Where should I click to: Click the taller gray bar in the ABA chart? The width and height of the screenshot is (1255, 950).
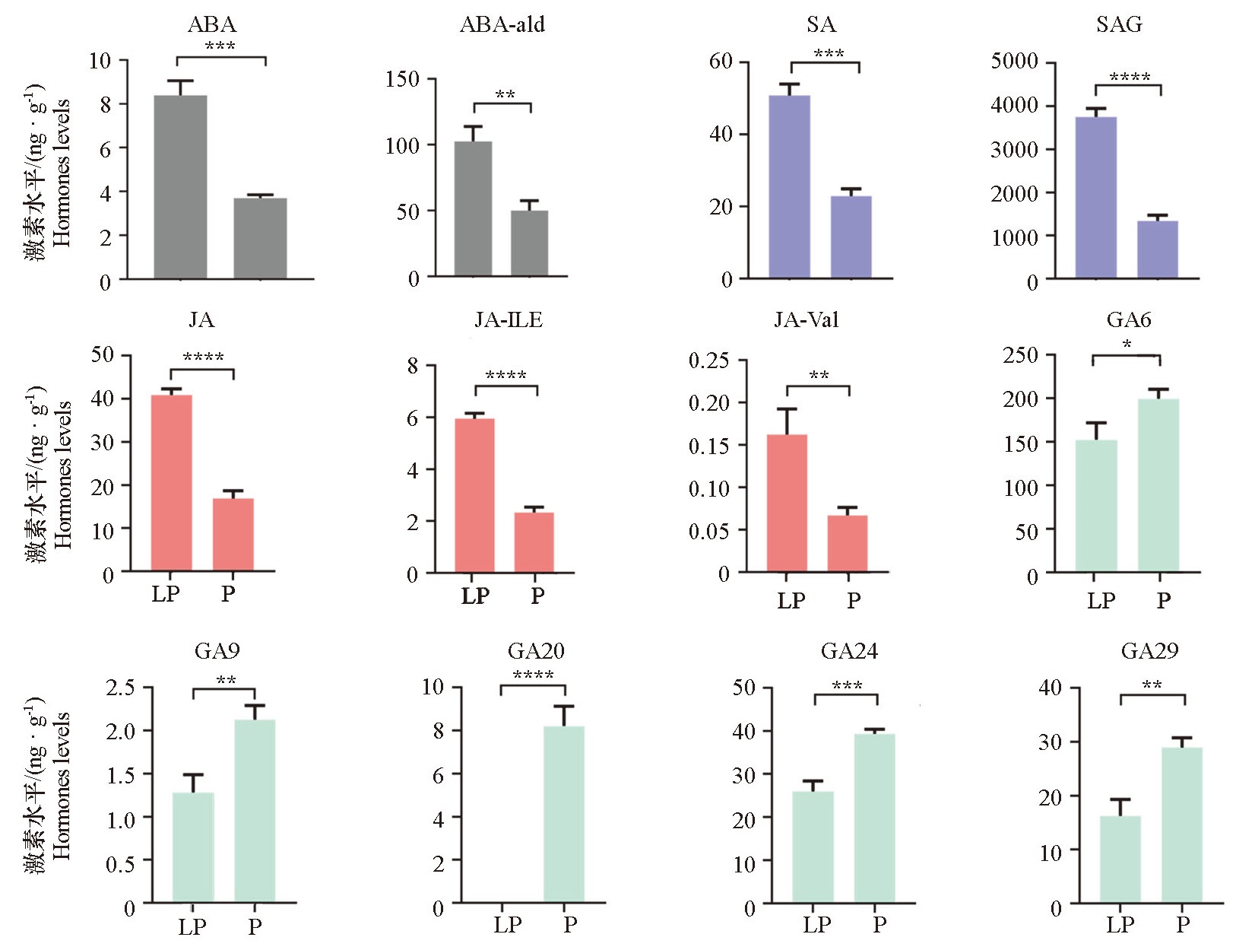pos(180,186)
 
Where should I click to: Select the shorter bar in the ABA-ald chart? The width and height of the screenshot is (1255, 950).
pos(529,243)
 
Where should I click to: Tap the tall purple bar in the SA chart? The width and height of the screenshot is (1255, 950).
pos(789,186)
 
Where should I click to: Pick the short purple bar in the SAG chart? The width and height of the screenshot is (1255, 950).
pos(1157,249)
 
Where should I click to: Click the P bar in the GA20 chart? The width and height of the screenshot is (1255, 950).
pos(563,814)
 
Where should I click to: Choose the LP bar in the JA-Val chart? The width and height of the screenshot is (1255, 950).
pos(787,502)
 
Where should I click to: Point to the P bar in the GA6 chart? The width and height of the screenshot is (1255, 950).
pos(1158,485)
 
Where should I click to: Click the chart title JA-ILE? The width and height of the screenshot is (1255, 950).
pos(509,319)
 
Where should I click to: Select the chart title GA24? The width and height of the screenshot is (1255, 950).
pos(849,651)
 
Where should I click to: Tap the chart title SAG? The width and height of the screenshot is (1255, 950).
pos(1119,24)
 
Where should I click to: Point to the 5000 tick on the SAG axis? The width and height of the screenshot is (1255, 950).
pos(1014,61)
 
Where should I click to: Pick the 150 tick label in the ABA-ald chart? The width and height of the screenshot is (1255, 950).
pos(402,79)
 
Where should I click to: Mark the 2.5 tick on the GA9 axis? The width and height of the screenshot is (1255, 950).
pos(131,688)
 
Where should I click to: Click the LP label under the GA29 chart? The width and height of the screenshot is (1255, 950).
pos(1120,925)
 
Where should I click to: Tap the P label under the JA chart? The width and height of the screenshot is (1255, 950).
pos(228,593)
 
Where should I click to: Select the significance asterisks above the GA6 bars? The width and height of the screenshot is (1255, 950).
pos(1127,345)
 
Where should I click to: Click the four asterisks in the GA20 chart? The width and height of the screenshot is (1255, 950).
pos(533,675)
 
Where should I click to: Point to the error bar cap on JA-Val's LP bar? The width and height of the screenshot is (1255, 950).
pos(787,409)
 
